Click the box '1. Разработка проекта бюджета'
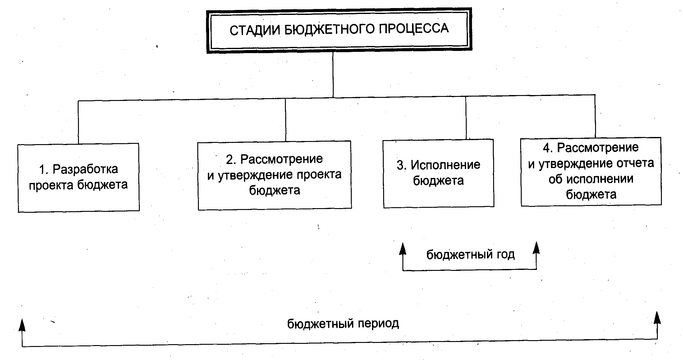point(78,177)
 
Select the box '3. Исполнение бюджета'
point(438,173)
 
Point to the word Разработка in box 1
point(85,169)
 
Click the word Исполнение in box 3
point(445,165)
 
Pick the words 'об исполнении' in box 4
point(591,179)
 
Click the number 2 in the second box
point(230,160)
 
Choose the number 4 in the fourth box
point(547,148)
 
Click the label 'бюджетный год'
point(470,255)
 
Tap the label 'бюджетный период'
point(343,324)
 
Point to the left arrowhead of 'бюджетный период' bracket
point(22,325)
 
